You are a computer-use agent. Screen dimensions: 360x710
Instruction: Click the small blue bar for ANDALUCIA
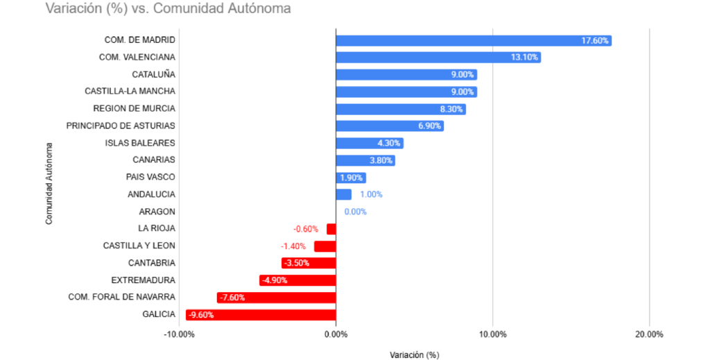[343, 194]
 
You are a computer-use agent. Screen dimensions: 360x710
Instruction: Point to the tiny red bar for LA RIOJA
[331, 228]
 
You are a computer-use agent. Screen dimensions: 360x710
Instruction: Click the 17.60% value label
[595, 40]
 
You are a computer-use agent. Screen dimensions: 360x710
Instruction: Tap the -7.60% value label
[232, 298]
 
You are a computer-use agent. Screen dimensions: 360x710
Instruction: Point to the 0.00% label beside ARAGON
[355, 212]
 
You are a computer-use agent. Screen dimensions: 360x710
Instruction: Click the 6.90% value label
[430, 126]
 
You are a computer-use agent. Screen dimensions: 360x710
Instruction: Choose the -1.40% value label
[294, 246]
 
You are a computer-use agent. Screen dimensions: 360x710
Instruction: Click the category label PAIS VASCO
[150, 177]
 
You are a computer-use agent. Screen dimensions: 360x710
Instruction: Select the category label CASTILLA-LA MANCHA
[130, 91]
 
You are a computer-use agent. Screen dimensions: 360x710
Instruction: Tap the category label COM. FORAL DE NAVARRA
[121, 297]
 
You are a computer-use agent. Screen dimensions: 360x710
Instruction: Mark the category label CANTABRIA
[152, 263]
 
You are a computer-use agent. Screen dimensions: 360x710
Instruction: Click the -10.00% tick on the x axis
[179, 334]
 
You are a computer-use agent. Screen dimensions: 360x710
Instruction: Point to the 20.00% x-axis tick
[649, 334]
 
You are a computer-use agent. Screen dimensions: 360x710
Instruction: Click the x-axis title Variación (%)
[414, 354]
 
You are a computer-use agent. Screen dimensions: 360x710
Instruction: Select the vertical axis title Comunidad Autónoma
[49, 183]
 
